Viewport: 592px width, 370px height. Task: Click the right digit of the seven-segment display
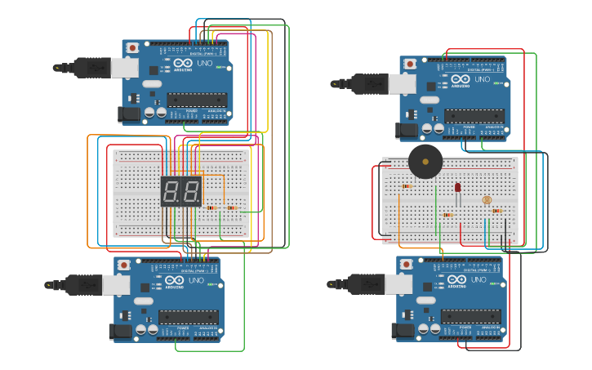190,192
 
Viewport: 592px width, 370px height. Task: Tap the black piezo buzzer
425,162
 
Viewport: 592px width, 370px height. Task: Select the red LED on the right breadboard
457,188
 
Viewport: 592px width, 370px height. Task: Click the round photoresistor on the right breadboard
487,199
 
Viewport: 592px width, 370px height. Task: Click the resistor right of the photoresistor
496,210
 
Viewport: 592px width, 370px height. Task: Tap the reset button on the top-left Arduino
133,49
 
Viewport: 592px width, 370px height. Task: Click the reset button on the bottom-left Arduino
124,265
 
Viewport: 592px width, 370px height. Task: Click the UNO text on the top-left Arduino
205,64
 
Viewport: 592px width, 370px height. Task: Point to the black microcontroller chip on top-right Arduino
474,116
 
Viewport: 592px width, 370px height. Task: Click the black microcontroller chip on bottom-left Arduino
188,317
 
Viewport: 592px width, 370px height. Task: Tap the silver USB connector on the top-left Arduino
123,67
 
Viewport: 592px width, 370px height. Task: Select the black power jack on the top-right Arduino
406,129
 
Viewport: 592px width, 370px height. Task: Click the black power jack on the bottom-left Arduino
119,331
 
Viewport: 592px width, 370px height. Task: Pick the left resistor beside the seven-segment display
211,207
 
